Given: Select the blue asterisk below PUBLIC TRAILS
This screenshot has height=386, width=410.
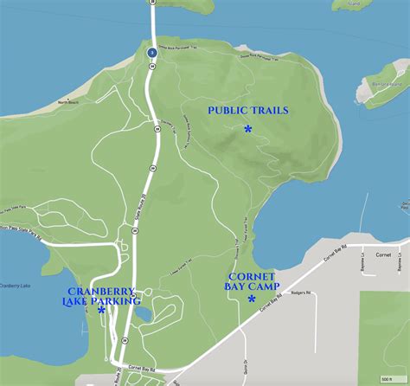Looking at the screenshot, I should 248,129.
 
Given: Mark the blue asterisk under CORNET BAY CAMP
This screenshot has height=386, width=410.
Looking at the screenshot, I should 252,299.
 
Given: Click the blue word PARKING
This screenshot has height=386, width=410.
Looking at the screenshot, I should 119,301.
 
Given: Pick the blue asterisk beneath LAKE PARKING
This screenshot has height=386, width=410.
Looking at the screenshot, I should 101,310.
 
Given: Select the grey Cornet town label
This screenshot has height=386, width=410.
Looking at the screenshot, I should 384,254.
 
